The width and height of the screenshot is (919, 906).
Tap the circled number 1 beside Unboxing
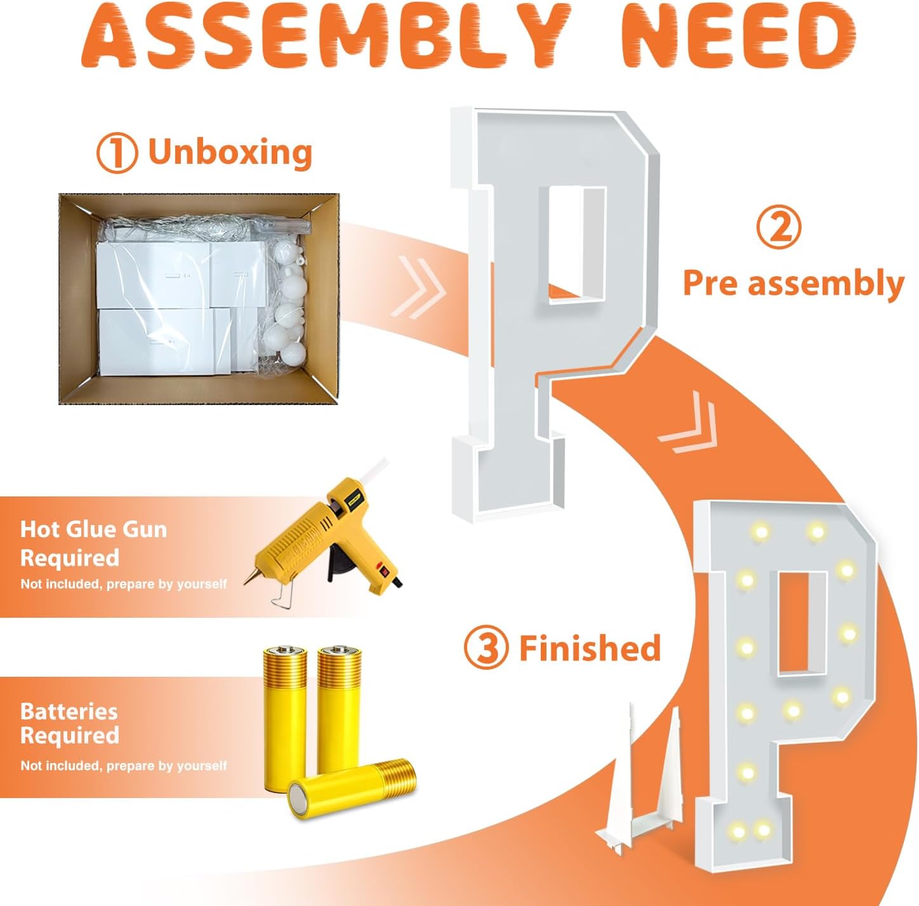(117, 152)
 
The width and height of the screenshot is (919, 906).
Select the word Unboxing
(230, 152)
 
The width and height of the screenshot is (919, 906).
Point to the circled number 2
(778, 227)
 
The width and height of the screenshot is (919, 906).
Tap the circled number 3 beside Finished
(486, 648)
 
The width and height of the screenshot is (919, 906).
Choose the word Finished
(590, 648)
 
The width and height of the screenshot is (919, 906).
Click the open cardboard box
(199, 298)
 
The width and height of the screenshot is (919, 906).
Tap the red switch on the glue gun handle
(381, 571)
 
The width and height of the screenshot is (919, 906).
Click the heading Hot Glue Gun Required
(93, 543)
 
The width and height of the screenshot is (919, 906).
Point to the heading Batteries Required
(70, 723)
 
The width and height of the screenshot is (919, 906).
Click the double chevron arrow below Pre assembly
(689, 422)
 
